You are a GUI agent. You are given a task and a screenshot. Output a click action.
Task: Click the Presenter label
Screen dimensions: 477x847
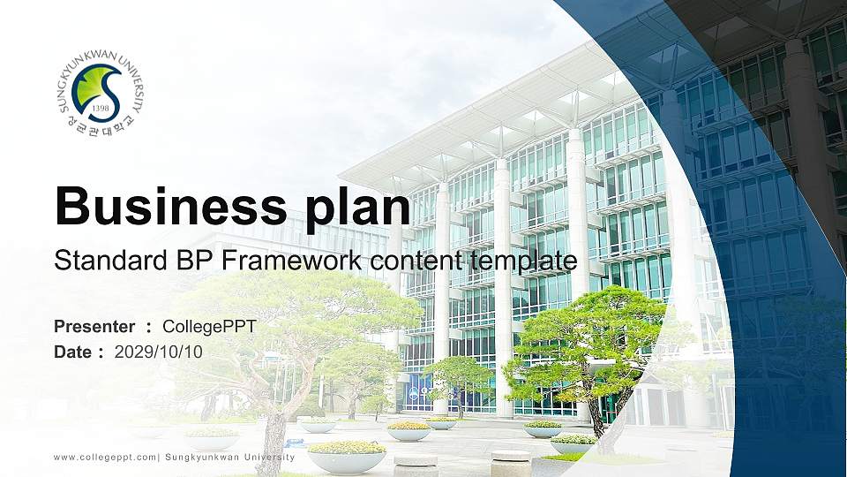tap(94, 327)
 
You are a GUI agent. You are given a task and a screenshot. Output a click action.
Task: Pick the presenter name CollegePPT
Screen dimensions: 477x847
tap(209, 327)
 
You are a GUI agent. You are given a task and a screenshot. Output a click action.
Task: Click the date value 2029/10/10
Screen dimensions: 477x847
tap(158, 352)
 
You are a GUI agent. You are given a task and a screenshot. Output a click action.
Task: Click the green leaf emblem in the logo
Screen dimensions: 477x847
tap(99, 88)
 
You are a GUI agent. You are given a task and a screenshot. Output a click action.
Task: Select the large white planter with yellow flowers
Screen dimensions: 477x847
tap(346, 455)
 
